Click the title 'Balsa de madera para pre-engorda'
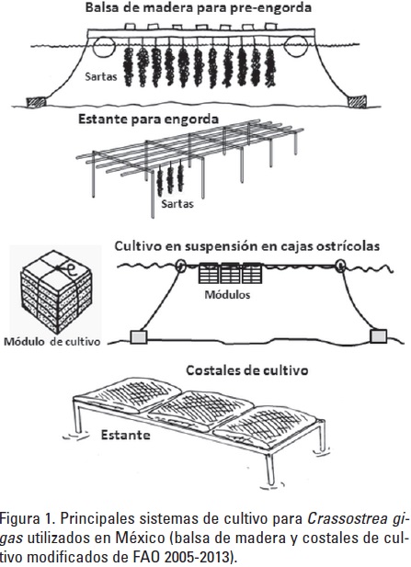pos(199,8)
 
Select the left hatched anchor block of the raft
pos(37,102)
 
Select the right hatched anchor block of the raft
pos(357,101)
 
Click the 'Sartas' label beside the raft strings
pos(101,76)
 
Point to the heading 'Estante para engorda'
pos(148,119)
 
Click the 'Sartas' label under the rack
pos(177,204)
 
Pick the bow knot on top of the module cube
pos(63,268)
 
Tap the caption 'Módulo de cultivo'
pos(51,342)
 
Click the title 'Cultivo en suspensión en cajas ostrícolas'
pos(247,246)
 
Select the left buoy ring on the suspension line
pos(180,266)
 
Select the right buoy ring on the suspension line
pos(340,266)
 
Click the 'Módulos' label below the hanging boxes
pos(227,295)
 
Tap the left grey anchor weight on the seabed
pos(139,336)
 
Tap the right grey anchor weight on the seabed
pos(379,336)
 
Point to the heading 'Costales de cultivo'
pos(247,370)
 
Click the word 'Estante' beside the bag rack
pos(126,435)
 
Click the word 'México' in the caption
pos(140,539)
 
